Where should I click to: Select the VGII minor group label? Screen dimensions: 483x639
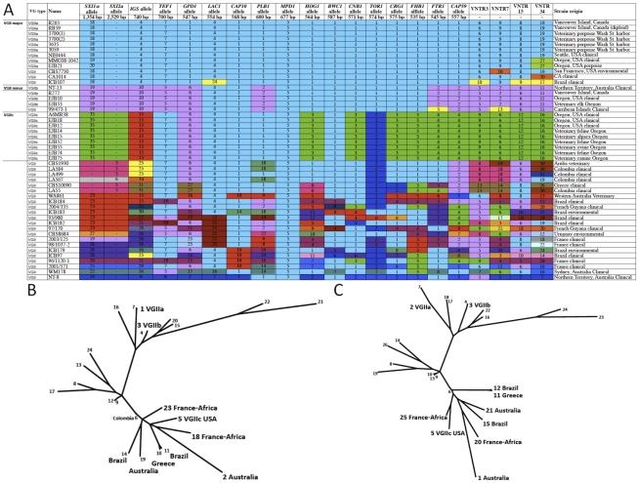[x=12, y=88]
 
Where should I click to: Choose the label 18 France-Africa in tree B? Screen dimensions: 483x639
[x=234, y=385]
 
